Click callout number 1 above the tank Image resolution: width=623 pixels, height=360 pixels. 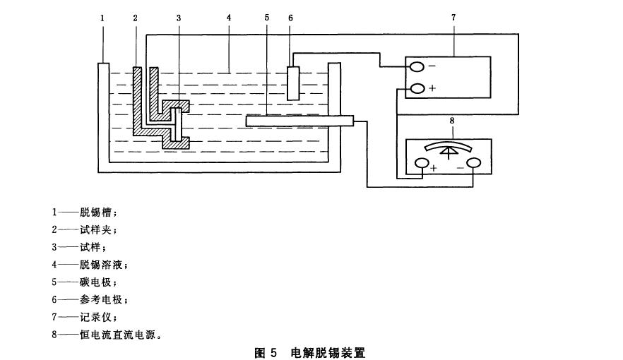tap(102, 16)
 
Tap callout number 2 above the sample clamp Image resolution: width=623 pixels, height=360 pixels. tap(134, 16)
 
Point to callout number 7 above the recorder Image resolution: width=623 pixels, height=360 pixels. tap(453, 16)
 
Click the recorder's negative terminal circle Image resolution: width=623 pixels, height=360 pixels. tap(417, 67)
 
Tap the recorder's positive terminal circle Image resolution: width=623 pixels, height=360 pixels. tap(417, 88)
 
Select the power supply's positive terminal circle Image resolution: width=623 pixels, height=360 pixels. tap(422, 164)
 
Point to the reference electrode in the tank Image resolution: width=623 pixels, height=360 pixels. tap(295, 83)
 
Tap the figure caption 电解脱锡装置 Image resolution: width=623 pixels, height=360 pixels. tap(328, 352)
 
